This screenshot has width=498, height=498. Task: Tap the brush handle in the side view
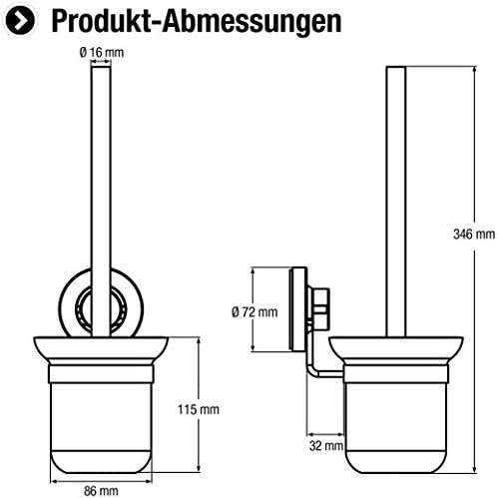point(394,200)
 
